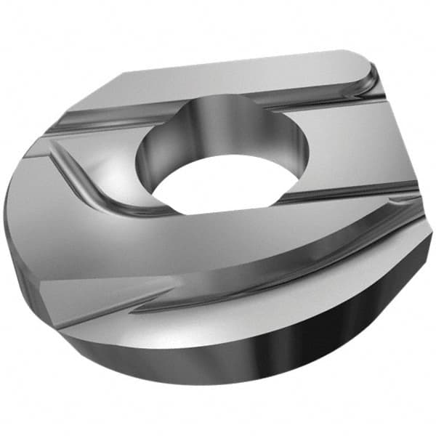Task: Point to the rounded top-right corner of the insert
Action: (x=363, y=62)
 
